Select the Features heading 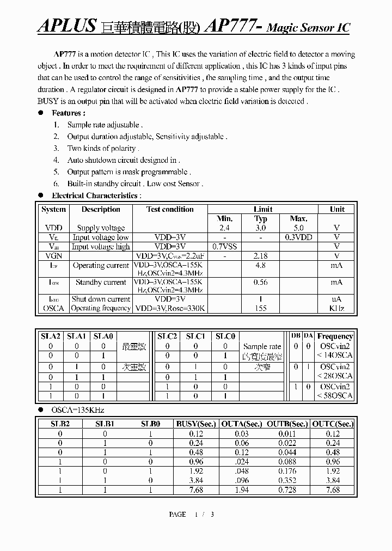(68, 113)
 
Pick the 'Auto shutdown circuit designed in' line (123, 160)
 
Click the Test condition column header (170, 209)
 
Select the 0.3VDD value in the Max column (299, 237)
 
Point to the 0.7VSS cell (224, 247)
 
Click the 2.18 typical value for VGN (261, 256)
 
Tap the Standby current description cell (101, 282)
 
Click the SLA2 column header (51, 336)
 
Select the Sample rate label (262, 346)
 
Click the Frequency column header (335, 336)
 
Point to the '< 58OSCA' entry (335, 396)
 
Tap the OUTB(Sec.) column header (287, 424)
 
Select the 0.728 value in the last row (287, 490)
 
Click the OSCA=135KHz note (77, 410)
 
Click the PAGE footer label (177, 515)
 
